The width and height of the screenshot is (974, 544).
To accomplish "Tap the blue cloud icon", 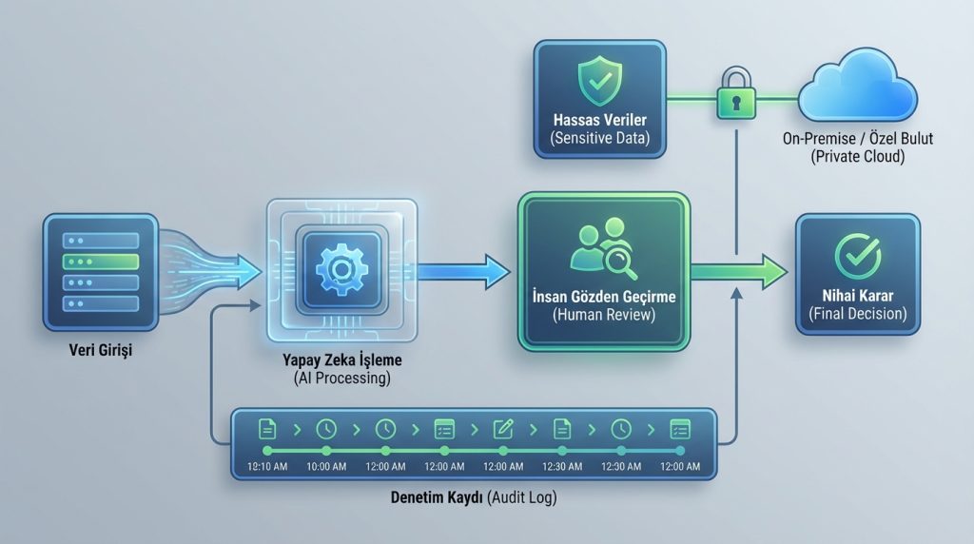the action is click(x=857, y=86).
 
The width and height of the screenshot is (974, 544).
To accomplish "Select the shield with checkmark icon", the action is click(x=599, y=80).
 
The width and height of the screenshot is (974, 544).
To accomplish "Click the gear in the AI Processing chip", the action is click(x=341, y=269).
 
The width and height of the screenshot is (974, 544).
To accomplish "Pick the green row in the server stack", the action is click(x=101, y=262).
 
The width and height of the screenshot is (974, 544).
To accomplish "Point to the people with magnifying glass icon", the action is click(x=603, y=248).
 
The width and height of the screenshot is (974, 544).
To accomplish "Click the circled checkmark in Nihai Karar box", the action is click(x=858, y=255).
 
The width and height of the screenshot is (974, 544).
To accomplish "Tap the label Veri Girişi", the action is click(x=101, y=350).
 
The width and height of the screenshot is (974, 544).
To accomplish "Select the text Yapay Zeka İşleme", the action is click(x=342, y=360).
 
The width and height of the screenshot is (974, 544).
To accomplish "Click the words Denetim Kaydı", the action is click(x=437, y=497).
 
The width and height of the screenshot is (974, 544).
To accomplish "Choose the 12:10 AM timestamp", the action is click(x=267, y=466).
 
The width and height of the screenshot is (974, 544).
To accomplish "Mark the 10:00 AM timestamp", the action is click(x=326, y=466).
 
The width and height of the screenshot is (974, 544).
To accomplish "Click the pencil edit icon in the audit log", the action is click(x=503, y=429).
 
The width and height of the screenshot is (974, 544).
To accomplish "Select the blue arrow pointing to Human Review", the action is click(x=463, y=271).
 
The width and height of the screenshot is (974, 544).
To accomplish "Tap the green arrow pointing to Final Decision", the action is click(x=739, y=271).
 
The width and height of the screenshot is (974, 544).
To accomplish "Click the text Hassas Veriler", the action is click(x=600, y=120).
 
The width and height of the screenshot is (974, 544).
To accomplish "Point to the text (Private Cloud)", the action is click(x=858, y=157).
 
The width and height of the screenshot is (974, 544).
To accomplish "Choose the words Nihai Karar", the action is click(x=858, y=296).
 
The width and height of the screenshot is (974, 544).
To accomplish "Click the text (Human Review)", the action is click(x=604, y=315).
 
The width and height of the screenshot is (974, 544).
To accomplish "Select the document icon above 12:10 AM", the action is click(x=267, y=429).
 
